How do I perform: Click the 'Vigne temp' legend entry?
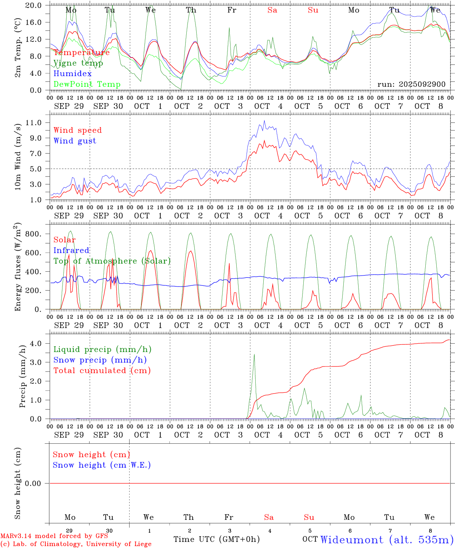(x=78, y=63)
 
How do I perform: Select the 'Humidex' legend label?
(x=72, y=73)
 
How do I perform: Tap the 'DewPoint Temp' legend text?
(x=87, y=84)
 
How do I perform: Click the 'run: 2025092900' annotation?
(x=411, y=84)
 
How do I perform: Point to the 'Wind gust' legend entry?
(x=75, y=141)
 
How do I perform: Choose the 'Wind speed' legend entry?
(x=78, y=130)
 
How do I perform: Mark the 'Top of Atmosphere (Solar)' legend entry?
(x=112, y=261)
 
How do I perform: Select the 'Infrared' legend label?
(x=71, y=250)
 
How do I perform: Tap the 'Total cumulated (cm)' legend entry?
(x=102, y=370)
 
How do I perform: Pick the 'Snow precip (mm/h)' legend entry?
(x=100, y=360)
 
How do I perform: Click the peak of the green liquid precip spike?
(x=254, y=354)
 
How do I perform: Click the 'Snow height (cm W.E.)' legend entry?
(x=102, y=465)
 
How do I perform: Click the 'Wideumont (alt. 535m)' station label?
(x=387, y=540)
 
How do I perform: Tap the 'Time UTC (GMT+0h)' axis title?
(x=216, y=539)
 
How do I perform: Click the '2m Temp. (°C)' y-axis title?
(x=18, y=48)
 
